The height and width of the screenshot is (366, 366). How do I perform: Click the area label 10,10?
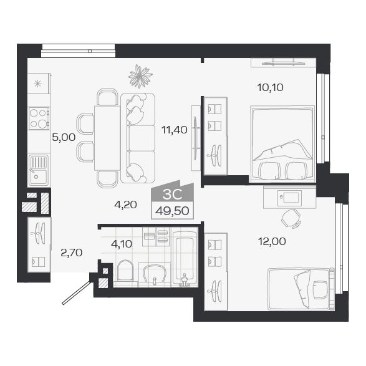(270, 87)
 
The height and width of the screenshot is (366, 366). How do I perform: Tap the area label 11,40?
(175, 130)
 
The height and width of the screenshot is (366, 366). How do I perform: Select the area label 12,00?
(272, 241)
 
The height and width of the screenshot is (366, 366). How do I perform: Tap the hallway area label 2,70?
(71, 253)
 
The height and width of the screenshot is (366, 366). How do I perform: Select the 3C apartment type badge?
(173, 193)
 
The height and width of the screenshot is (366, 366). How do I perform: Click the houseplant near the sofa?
(140, 76)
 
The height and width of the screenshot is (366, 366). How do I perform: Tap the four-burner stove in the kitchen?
(39, 118)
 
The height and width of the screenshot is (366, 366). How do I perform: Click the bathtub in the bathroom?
(184, 259)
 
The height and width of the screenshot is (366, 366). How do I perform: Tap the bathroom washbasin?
(154, 273)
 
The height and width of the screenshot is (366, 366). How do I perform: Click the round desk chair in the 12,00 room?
(289, 219)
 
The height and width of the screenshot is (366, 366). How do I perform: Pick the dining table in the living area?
(107, 138)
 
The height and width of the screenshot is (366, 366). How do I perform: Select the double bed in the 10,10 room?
(281, 143)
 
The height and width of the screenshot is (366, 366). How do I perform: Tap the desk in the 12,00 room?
(290, 197)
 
